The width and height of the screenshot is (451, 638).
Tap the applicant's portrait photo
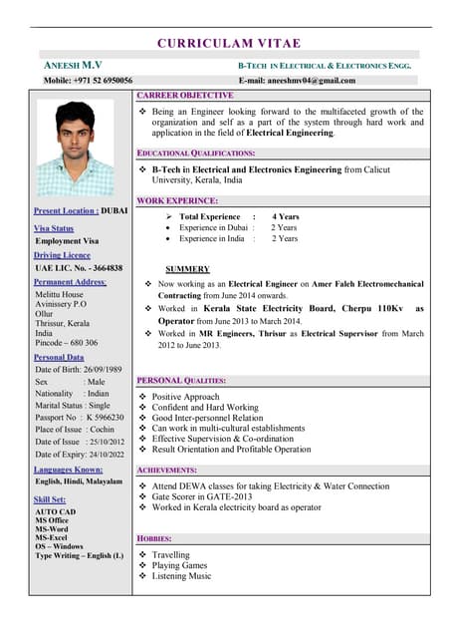[75, 148]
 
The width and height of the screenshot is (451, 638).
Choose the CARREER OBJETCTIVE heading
[184, 95]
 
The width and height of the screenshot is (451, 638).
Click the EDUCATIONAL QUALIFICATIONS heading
[196, 153]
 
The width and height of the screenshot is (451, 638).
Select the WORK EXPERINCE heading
[177, 200]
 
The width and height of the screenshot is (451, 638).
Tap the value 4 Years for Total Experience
[286, 216]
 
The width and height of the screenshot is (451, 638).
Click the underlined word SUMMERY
[187, 269]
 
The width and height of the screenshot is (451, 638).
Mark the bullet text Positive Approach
[186, 397]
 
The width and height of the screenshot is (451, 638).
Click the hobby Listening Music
[182, 576]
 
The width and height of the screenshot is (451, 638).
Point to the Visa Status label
[54, 228]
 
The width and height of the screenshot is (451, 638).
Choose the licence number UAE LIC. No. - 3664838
[79, 268]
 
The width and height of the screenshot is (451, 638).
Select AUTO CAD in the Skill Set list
[55, 511]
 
